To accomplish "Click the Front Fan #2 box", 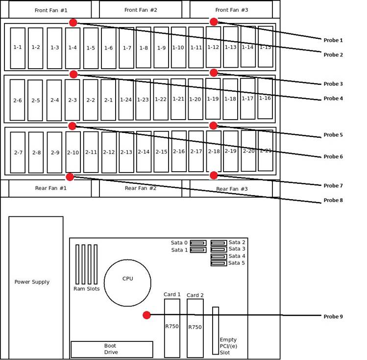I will pos(141,10).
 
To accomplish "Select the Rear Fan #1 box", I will pos(50,188).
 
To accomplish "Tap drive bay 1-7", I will pos(126,48).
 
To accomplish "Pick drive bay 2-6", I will pos(17,100).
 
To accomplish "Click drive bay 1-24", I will pos(126,100).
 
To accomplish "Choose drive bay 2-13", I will pos(126,152).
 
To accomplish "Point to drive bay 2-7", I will pos(18,153).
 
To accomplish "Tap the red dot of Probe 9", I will pos(147,315).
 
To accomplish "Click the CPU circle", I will pos(127,283).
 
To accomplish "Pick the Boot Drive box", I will pos(112,349).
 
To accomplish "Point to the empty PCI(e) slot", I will pos(216,330).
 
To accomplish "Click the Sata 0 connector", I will pos(198,243).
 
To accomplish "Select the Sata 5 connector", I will pos(219,263).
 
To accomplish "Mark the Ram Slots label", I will pos(86,289).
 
